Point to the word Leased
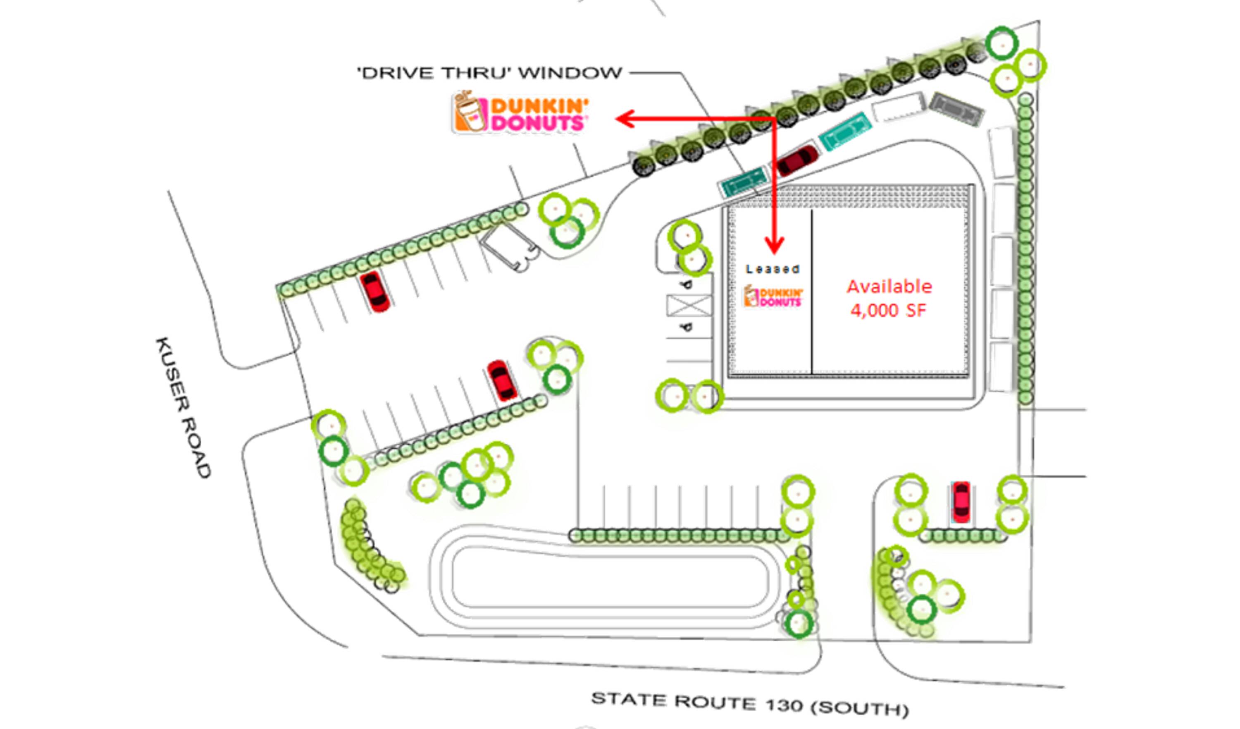pyautogui.click(x=773, y=269)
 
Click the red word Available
pyautogui.click(x=889, y=287)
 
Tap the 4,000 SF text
pyautogui.click(x=888, y=310)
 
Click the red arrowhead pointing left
pyautogui.click(x=625, y=119)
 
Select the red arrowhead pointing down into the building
pyautogui.click(x=774, y=246)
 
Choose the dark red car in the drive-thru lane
pyautogui.click(x=797, y=160)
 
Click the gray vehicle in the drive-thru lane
pyautogui.click(x=956, y=109)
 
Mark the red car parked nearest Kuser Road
pyautogui.click(x=375, y=292)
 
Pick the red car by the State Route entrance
pyautogui.click(x=961, y=502)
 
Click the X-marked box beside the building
pyautogui.click(x=688, y=306)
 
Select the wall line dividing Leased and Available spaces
pyautogui.click(x=811, y=290)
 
